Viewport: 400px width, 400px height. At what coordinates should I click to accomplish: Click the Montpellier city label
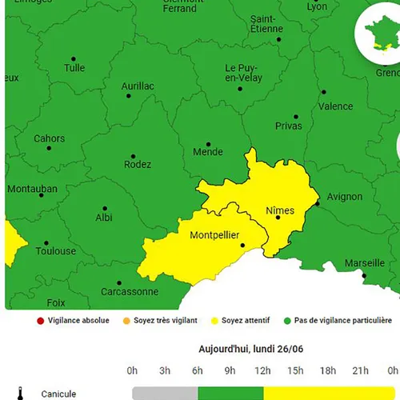coord(216,235)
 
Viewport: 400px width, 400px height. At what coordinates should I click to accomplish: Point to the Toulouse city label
coord(56,251)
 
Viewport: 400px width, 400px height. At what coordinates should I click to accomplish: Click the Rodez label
coord(138,165)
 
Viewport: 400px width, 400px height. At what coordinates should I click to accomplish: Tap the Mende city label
coord(208,151)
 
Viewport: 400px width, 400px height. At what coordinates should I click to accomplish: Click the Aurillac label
coord(138,86)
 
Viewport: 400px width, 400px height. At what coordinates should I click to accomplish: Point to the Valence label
coord(335,106)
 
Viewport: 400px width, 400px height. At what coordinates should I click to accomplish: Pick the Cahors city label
coord(49,138)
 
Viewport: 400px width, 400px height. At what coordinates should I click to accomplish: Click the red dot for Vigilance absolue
coord(39,321)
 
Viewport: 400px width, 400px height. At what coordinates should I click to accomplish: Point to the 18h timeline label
coord(328,370)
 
